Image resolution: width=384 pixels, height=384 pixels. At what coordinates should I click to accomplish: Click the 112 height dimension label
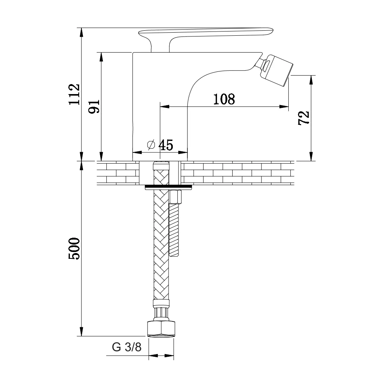click(74, 94)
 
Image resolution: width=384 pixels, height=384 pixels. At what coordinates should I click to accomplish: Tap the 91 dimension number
click(94, 106)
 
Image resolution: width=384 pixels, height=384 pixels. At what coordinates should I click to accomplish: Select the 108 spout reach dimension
click(224, 99)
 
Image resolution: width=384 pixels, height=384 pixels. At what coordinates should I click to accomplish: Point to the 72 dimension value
click(304, 118)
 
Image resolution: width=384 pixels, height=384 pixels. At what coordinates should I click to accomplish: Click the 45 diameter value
click(166, 145)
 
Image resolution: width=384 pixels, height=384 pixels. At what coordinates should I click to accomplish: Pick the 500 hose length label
click(74, 248)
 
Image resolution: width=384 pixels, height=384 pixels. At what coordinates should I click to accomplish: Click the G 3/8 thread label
click(127, 347)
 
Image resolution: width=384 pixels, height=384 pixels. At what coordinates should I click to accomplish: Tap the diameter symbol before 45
click(151, 145)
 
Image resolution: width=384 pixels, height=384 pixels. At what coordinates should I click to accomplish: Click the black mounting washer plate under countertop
click(168, 188)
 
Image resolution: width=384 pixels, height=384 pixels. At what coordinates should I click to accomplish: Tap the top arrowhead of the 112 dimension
click(81, 32)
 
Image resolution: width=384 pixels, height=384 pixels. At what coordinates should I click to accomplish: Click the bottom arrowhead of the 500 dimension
click(81, 331)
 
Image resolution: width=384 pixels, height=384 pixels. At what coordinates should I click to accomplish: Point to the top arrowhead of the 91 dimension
click(101, 57)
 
